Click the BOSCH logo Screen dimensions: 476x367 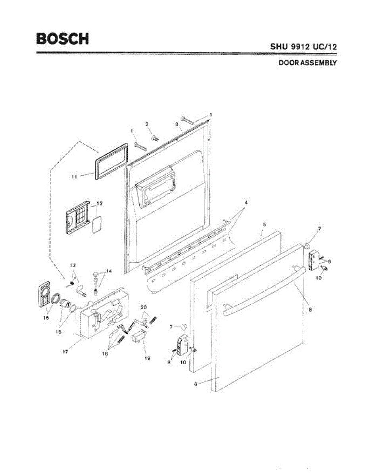(62, 38)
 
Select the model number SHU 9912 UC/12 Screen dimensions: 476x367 (304, 46)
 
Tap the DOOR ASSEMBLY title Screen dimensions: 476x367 (307, 63)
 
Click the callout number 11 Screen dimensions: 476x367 (74, 177)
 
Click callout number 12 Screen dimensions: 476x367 (99, 203)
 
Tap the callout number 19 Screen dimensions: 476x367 (148, 358)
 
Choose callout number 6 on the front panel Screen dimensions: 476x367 (196, 384)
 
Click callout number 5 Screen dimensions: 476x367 (264, 225)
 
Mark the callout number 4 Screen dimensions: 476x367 (246, 202)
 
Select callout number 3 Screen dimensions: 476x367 (176, 124)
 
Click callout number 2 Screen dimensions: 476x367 (147, 124)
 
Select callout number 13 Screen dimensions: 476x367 (72, 265)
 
